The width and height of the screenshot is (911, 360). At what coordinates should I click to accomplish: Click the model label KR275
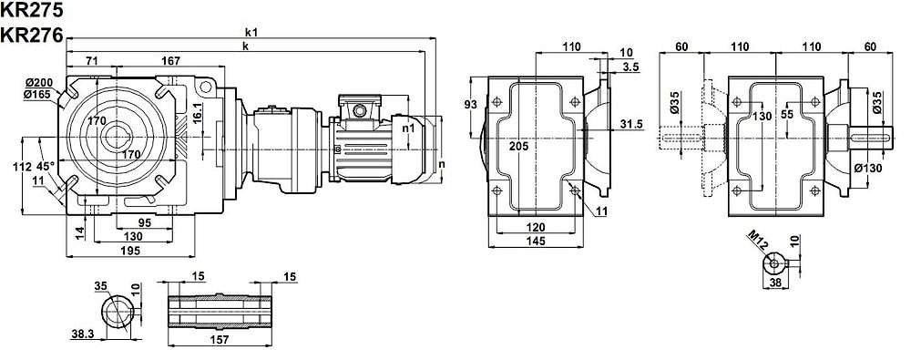tap(31, 10)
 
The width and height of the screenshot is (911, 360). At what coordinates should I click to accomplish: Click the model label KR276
tap(31, 36)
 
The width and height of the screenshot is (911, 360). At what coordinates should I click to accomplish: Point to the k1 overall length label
tap(251, 33)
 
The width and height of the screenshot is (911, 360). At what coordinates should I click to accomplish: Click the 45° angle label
tap(45, 166)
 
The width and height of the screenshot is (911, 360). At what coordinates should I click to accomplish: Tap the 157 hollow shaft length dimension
tap(219, 339)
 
